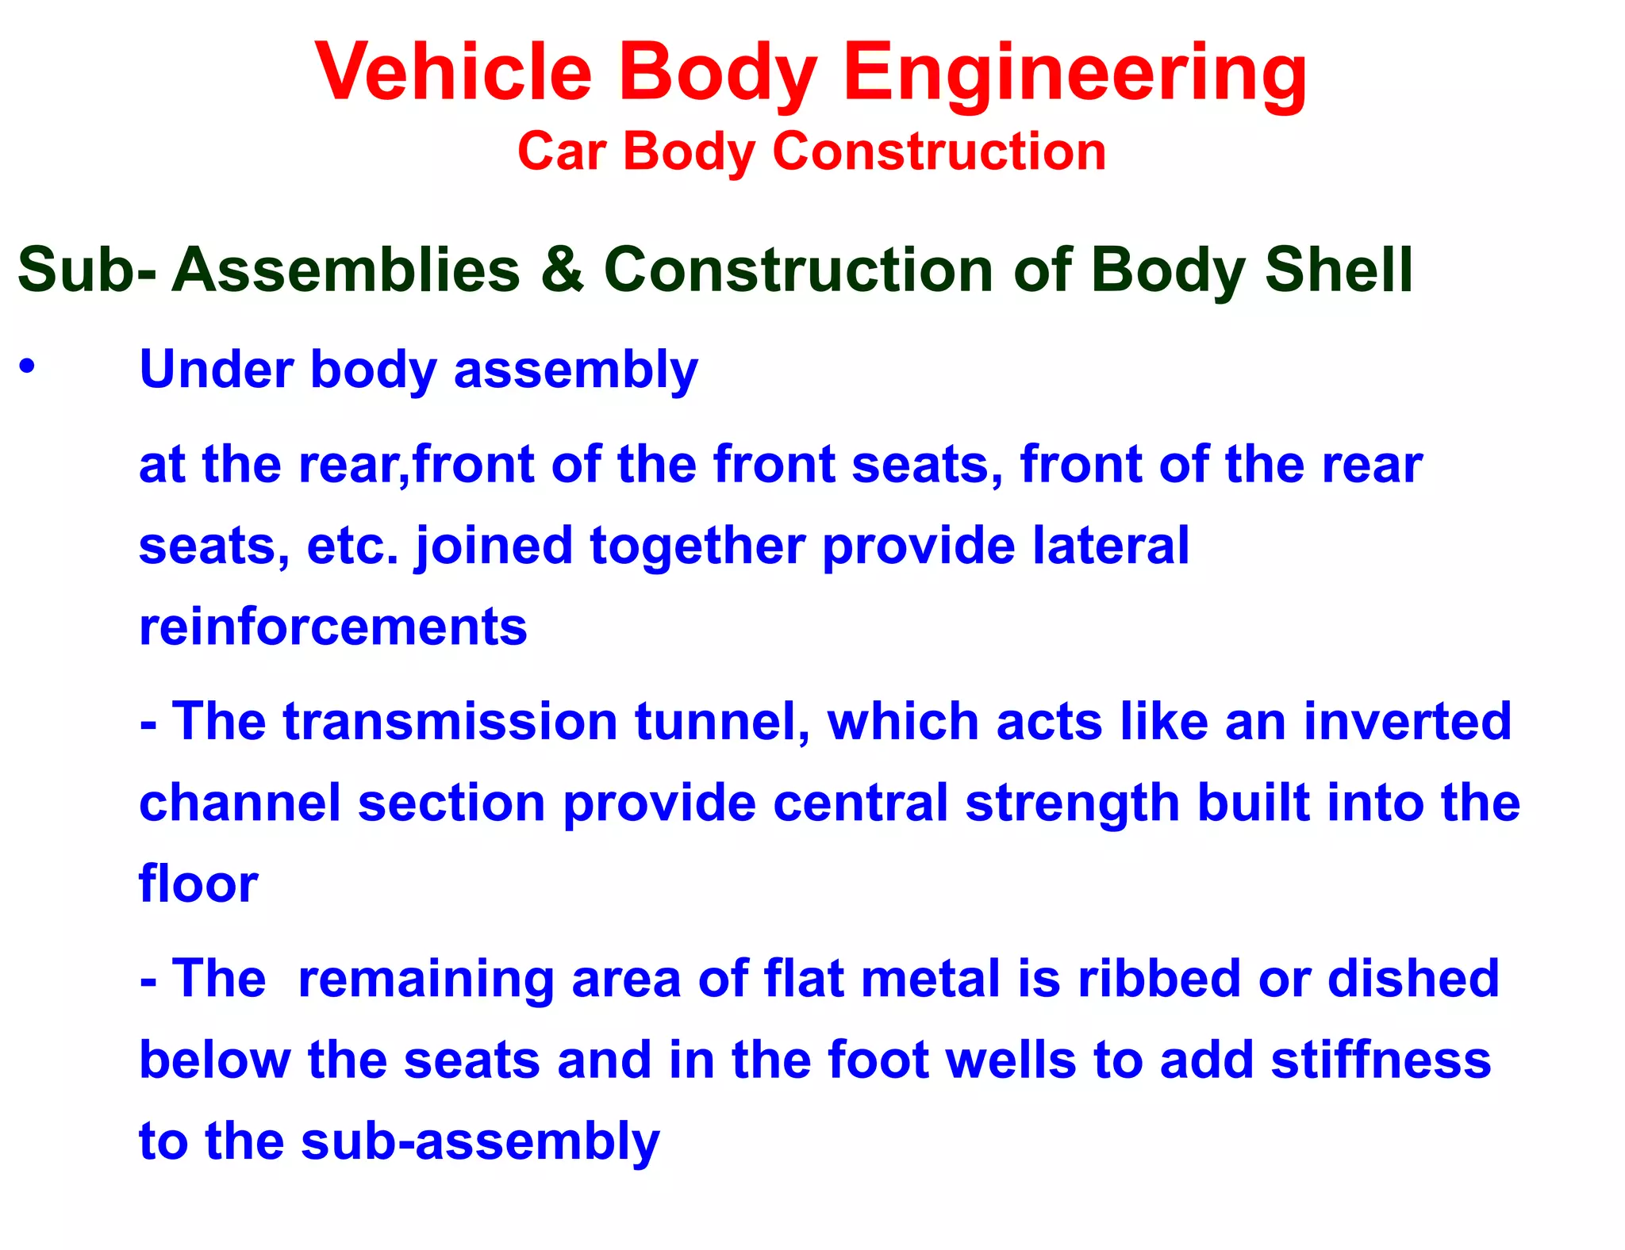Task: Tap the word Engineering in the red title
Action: click(1075, 73)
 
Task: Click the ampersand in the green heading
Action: click(562, 270)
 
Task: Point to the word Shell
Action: click(1339, 270)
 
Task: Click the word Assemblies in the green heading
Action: click(346, 270)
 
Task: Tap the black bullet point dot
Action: click(28, 366)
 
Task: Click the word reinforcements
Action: click(332, 627)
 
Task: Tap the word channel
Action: click(240, 803)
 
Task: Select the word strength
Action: click(1072, 804)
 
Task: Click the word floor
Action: click(198, 884)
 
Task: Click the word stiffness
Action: click(1381, 1060)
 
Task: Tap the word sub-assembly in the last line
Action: click(480, 1142)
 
